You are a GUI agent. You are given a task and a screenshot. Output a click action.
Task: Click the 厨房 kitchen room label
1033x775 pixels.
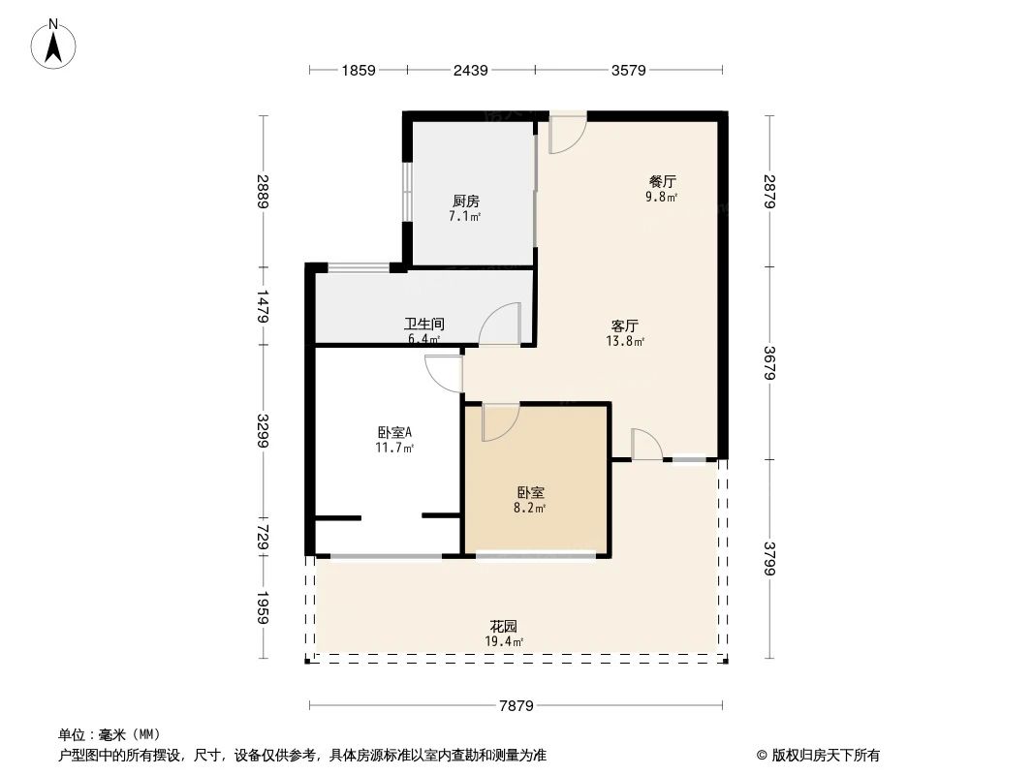pyautogui.click(x=465, y=201)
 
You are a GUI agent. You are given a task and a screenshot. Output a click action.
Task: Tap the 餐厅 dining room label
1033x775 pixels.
pyautogui.click(x=662, y=181)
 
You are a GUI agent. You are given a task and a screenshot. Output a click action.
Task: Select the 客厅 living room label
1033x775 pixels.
pyautogui.click(x=625, y=326)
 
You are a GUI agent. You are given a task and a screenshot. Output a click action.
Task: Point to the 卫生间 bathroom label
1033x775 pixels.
pyautogui.click(x=424, y=325)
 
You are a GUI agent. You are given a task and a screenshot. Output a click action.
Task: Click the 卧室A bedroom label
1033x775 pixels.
pyautogui.click(x=395, y=433)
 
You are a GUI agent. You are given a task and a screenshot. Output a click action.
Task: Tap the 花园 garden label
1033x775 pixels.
pyautogui.click(x=503, y=627)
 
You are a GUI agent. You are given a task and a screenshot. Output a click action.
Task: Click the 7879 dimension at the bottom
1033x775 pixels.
pyautogui.click(x=516, y=706)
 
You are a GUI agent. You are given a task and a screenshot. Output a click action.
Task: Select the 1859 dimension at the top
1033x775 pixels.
pyautogui.click(x=358, y=70)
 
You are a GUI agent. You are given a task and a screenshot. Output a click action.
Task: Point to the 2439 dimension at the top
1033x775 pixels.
pyautogui.click(x=470, y=70)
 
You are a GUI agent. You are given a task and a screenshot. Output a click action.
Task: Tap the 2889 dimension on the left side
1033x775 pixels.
pyautogui.click(x=262, y=191)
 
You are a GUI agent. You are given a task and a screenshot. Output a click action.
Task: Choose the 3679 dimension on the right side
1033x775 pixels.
pyautogui.click(x=769, y=362)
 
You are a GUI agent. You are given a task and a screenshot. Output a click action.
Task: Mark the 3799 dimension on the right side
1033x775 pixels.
pyautogui.click(x=769, y=559)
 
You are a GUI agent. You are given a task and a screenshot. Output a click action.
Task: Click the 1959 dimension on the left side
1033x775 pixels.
pyautogui.click(x=262, y=608)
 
